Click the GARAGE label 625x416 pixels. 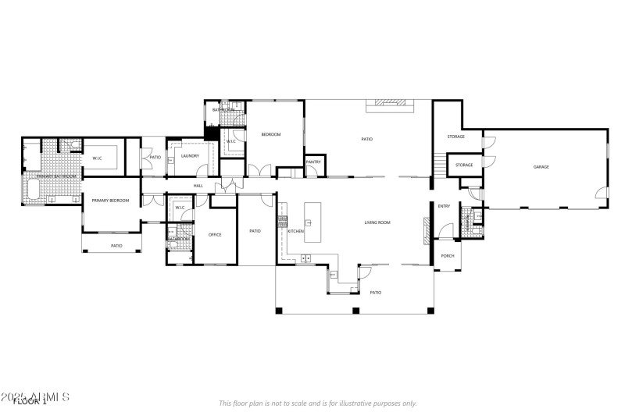click(x=541, y=167)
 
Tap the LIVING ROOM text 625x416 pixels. click(x=377, y=223)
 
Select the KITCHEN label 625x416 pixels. click(x=295, y=232)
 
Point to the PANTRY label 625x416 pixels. click(x=314, y=162)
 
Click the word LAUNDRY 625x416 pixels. click(x=190, y=156)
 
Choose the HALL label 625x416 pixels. click(x=198, y=186)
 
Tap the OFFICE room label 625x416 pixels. click(x=215, y=235)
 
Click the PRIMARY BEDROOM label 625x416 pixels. click(x=109, y=201)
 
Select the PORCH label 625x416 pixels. click(x=448, y=256)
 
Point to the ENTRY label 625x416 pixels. click(x=444, y=206)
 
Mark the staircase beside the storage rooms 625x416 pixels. click(x=441, y=165)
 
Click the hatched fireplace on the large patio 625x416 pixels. click(x=387, y=101)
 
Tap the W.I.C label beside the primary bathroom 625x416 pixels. click(x=98, y=158)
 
